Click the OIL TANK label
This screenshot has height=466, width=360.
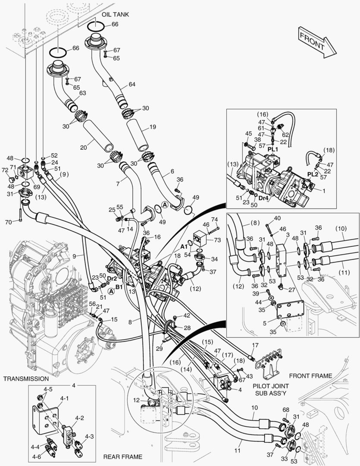pos(116,14)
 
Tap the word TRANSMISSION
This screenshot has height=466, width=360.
pos(26,378)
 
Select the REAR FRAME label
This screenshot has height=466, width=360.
pos(122,456)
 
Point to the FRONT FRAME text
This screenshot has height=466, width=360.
pos(310,376)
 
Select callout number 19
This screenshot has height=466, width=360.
pos(153,127)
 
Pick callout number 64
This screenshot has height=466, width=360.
pos(131,84)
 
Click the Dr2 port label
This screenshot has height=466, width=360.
pos(112,279)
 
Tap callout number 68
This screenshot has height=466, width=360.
pos(285,409)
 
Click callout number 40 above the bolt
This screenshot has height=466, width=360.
pos(277,218)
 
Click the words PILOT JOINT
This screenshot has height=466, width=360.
pos(271,385)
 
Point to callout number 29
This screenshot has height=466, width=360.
pos(159,348)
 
